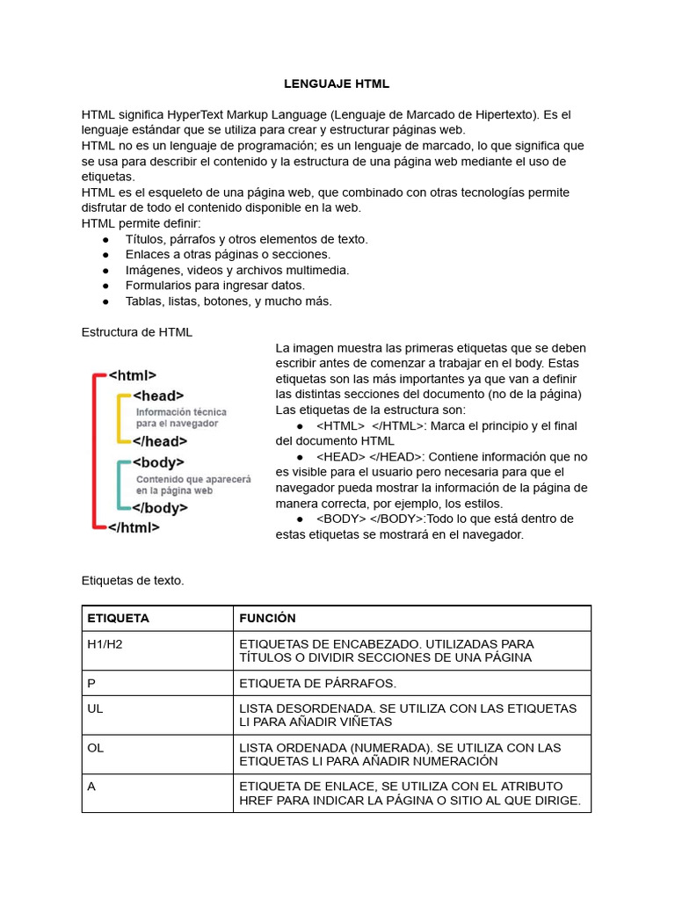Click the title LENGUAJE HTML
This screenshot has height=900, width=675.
click(337, 84)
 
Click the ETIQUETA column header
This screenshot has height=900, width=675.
click(119, 618)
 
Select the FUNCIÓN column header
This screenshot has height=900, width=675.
click(268, 618)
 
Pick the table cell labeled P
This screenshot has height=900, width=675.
click(91, 683)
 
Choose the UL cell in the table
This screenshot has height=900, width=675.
click(96, 708)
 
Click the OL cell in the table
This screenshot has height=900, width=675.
click(96, 747)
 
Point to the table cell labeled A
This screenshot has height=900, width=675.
click(91, 786)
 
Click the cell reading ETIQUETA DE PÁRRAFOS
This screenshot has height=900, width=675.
click(318, 683)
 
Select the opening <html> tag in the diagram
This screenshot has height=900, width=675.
click(133, 375)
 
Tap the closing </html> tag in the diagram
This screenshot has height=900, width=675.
click(134, 527)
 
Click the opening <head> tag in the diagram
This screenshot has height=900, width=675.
click(158, 396)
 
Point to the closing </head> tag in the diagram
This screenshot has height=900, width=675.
click(159, 441)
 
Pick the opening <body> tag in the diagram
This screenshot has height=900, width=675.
click(158, 462)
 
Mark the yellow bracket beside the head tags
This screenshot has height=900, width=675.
click(119, 418)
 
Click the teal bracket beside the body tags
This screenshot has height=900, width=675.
click(119, 485)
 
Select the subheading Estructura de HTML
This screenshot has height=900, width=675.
click(136, 332)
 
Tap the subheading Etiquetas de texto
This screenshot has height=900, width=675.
click(133, 580)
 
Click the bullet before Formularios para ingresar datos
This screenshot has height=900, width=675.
click(105, 286)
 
